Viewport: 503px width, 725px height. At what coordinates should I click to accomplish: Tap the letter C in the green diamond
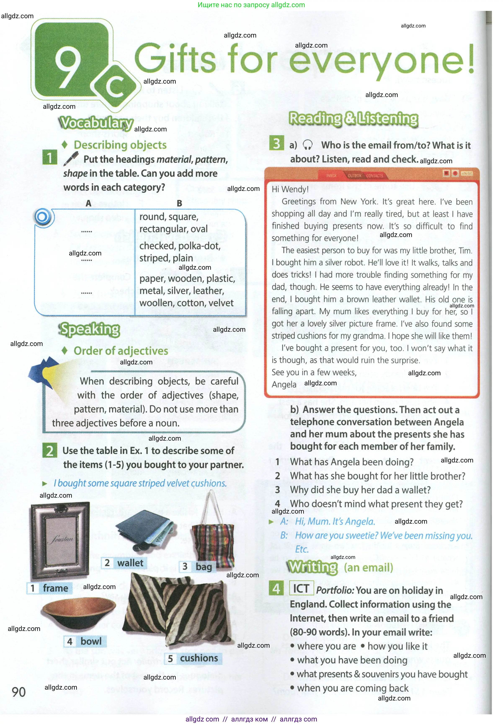[115, 86]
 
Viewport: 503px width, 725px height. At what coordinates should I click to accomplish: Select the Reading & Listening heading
[354, 119]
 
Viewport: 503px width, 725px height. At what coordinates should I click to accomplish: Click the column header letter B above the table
[179, 203]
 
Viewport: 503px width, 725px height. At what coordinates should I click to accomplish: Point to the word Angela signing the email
[284, 385]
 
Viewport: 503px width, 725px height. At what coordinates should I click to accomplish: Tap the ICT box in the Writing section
[301, 588]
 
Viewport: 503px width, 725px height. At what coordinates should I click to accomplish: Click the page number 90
[19, 692]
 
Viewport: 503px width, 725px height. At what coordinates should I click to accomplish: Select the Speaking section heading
[90, 329]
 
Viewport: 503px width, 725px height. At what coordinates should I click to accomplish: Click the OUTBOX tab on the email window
[354, 176]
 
